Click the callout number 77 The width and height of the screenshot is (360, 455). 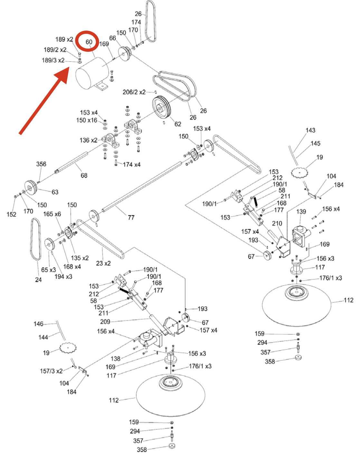pos(131,218)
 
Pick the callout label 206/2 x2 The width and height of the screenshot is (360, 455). pos(134,92)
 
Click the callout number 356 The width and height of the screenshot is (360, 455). pos(41,164)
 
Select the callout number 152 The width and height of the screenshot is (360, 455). pos(11,214)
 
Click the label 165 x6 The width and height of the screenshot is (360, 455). pos(52,214)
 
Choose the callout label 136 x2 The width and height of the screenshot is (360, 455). pos(88,140)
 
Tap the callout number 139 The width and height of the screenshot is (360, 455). pos(301,211)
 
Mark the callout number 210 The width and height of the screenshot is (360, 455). pos(277,223)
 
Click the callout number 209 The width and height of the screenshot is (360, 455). pos(105,321)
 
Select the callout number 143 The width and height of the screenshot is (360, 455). pos(310,130)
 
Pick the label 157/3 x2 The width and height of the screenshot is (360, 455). pos(51,371)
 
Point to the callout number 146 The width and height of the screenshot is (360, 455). pos(38,324)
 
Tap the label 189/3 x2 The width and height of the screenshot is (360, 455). pos(53,60)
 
